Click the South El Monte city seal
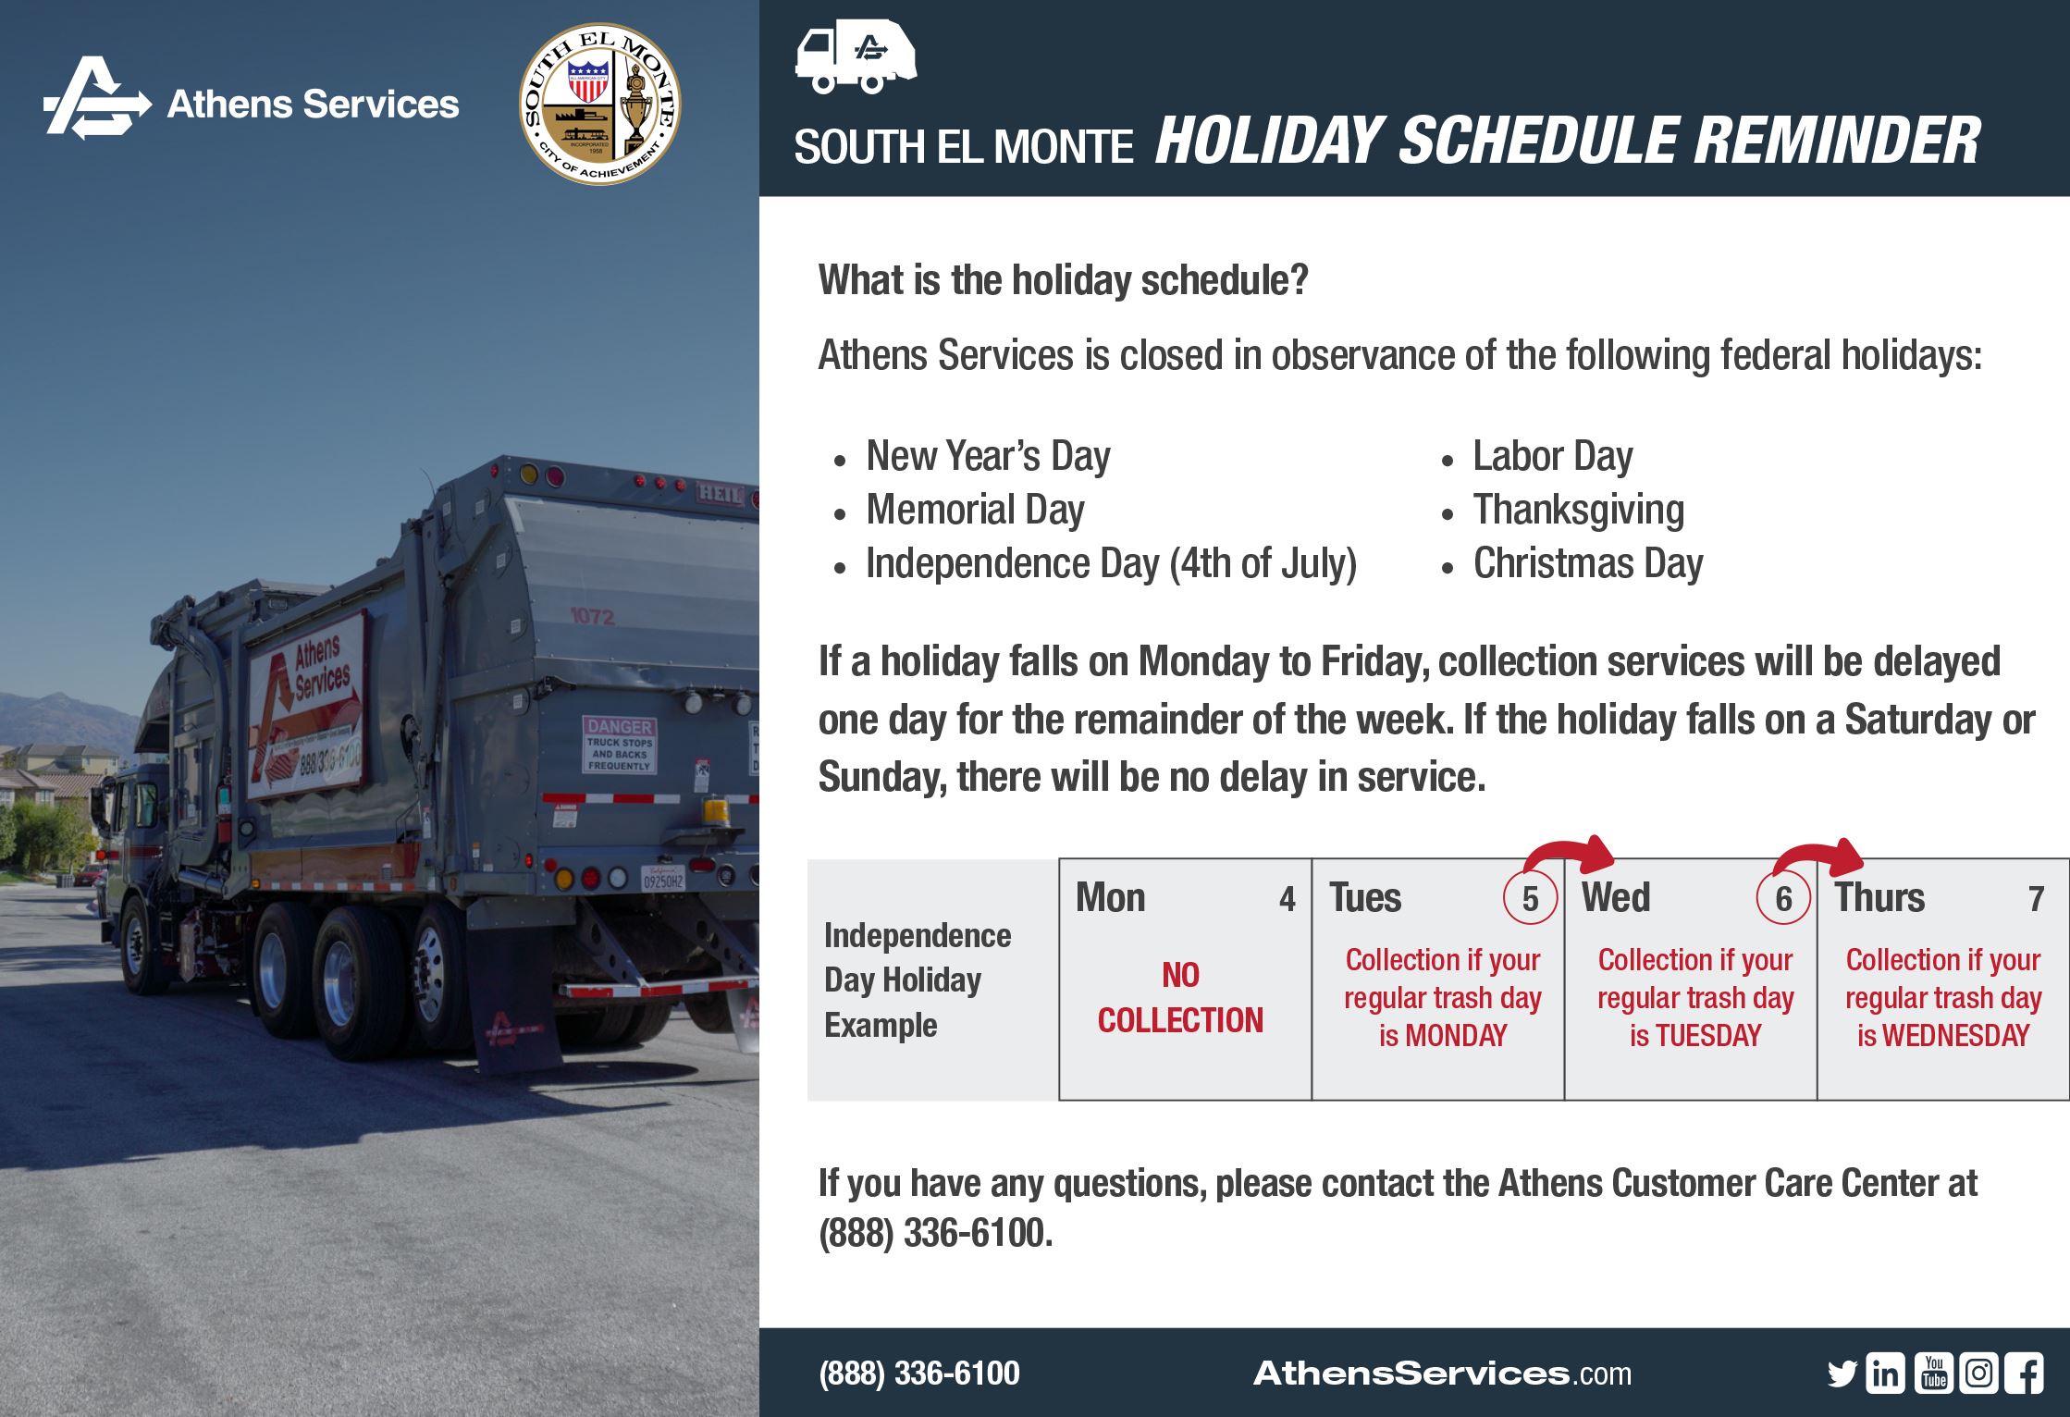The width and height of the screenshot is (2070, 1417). pyautogui.click(x=599, y=104)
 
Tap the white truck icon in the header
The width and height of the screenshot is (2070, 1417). pyautogui.click(x=855, y=57)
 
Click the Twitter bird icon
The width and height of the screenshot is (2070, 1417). pyautogui.click(x=1842, y=1374)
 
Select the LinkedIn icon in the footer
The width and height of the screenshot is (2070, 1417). pyautogui.click(x=1885, y=1374)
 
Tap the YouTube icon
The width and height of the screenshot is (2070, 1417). pyautogui.click(x=1933, y=1373)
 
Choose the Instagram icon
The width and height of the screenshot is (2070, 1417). pyautogui.click(x=1978, y=1373)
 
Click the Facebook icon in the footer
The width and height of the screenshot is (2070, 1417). pyautogui.click(x=2024, y=1374)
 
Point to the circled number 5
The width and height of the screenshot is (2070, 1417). pyautogui.click(x=1530, y=898)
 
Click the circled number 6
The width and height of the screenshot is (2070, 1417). pyautogui.click(x=1783, y=898)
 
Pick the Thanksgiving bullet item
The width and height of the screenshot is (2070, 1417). pyautogui.click(x=1578, y=510)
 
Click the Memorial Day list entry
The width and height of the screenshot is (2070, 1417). pyautogui.click(x=975, y=510)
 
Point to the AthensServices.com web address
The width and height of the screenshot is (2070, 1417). pyautogui.click(x=1442, y=1374)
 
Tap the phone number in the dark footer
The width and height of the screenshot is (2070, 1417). pyautogui.click(x=919, y=1374)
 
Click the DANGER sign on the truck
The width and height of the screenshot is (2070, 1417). pyautogui.click(x=619, y=744)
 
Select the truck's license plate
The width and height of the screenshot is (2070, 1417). pyautogui.click(x=663, y=879)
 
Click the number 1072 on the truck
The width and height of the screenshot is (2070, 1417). pyautogui.click(x=592, y=616)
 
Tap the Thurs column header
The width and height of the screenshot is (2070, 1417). pyautogui.click(x=1879, y=898)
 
